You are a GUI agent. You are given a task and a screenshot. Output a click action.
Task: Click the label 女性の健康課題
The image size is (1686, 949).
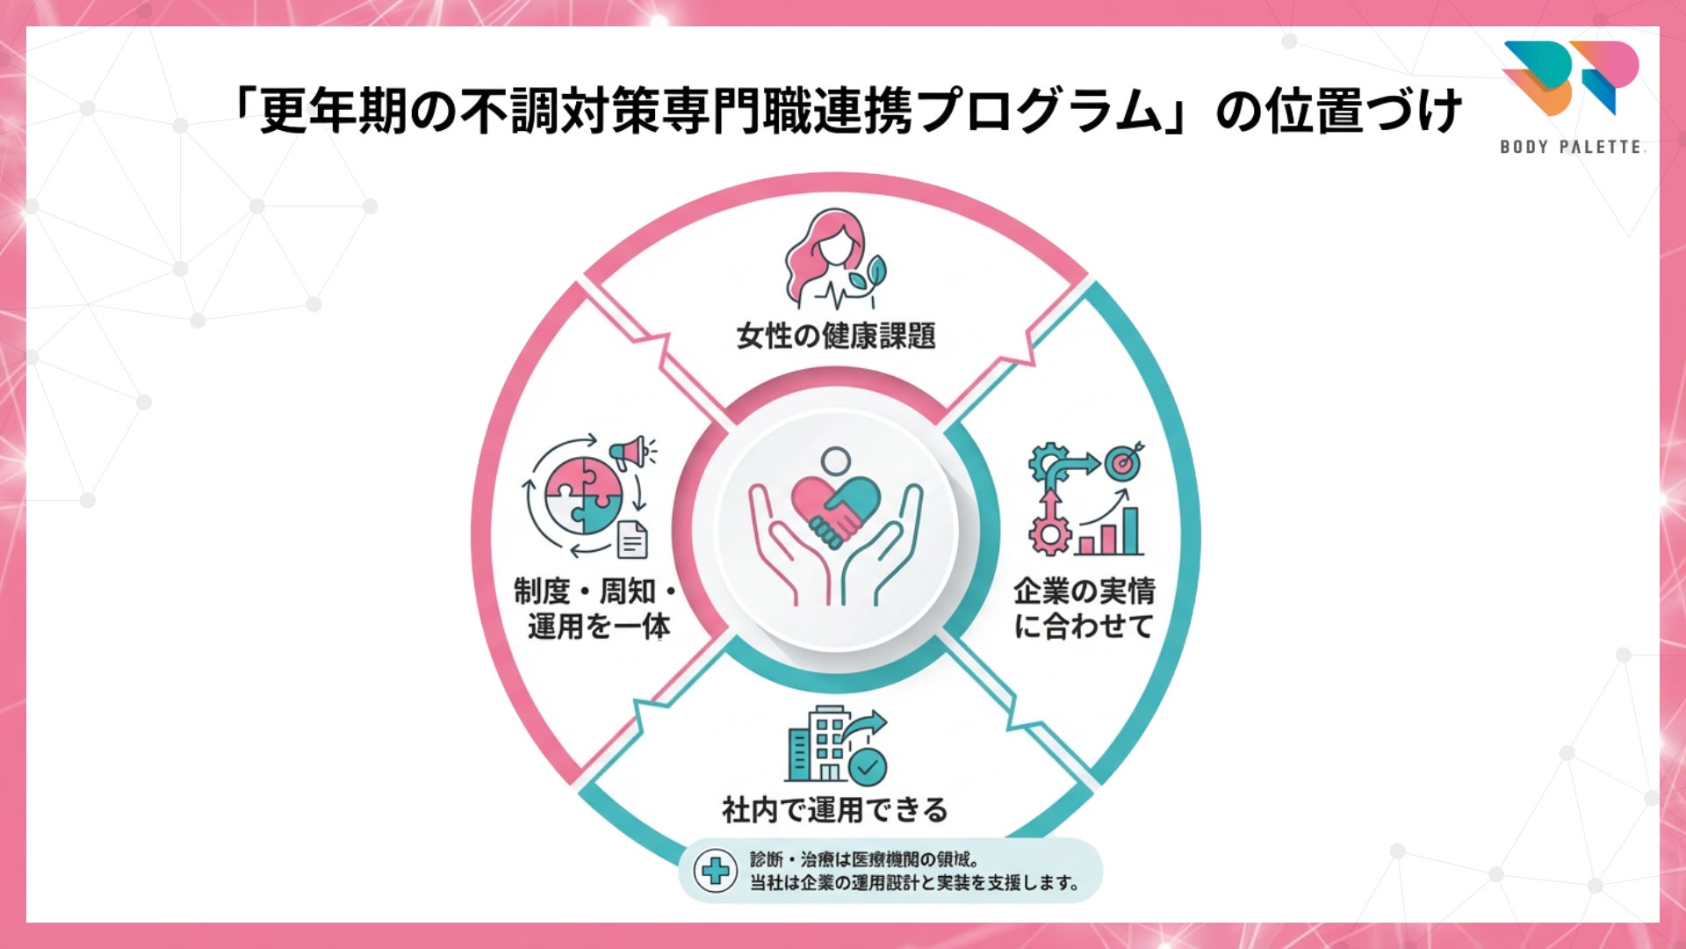click(835, 336)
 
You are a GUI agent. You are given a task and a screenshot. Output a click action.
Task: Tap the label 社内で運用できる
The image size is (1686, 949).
click(834, 809)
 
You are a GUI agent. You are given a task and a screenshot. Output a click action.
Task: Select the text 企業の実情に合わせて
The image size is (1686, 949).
click(1084, 608)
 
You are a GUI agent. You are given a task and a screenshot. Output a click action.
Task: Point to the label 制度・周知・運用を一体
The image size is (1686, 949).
click(596, 608)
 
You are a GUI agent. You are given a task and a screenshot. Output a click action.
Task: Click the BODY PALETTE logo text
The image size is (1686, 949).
click(1571, 147)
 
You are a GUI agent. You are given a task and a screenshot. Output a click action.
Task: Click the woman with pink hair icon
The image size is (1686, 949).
click(821, 257)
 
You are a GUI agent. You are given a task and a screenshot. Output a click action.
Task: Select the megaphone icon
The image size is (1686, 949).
click(631, 453)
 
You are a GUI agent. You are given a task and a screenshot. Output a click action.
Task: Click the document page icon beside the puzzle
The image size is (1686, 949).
click(632, 539)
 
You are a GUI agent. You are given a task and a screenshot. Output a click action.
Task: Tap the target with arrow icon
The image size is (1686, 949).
click(1123, 460)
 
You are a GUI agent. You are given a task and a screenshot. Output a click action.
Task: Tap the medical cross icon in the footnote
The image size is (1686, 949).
click(715, 871)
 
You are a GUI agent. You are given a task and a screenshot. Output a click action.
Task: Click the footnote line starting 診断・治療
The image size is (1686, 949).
click(864, 859)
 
